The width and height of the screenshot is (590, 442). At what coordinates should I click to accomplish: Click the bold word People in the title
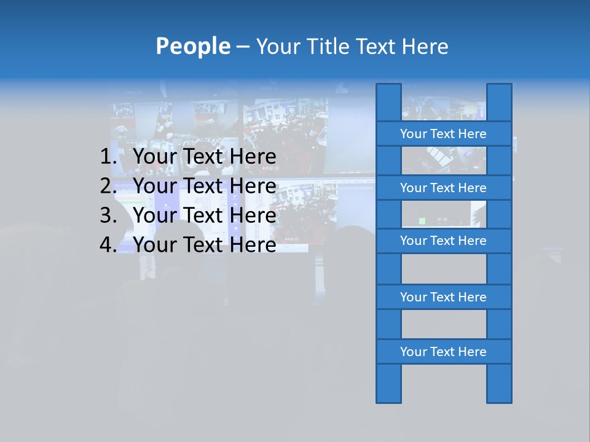point(192,46)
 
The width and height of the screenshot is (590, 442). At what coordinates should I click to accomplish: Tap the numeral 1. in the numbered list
point(108,157)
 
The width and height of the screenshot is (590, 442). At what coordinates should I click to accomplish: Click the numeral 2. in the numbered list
point(108,186)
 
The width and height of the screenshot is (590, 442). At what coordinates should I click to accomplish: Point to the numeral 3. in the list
point(108,215)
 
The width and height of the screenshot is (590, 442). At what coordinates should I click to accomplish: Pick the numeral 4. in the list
point(108,245)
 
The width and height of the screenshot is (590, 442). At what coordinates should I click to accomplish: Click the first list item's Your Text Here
point(205,157)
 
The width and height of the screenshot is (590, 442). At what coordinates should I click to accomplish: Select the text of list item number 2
point(205,186)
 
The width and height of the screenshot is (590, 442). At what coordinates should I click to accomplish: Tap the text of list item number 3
point(205,215)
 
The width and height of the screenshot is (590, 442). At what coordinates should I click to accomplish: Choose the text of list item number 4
point(205,245)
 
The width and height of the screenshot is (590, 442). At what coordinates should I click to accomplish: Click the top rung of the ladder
point(443,134)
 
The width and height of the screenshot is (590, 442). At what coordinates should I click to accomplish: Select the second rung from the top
point(443,188)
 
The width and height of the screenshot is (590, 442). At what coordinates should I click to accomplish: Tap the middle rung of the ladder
point(443,241)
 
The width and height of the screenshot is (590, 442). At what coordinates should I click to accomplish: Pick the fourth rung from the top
point(443,297)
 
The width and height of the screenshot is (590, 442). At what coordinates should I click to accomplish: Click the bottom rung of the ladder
point(443,352)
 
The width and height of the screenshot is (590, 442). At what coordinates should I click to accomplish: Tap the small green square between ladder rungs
point(422,220)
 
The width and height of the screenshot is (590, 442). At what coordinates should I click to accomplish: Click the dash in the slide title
point(243,46)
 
